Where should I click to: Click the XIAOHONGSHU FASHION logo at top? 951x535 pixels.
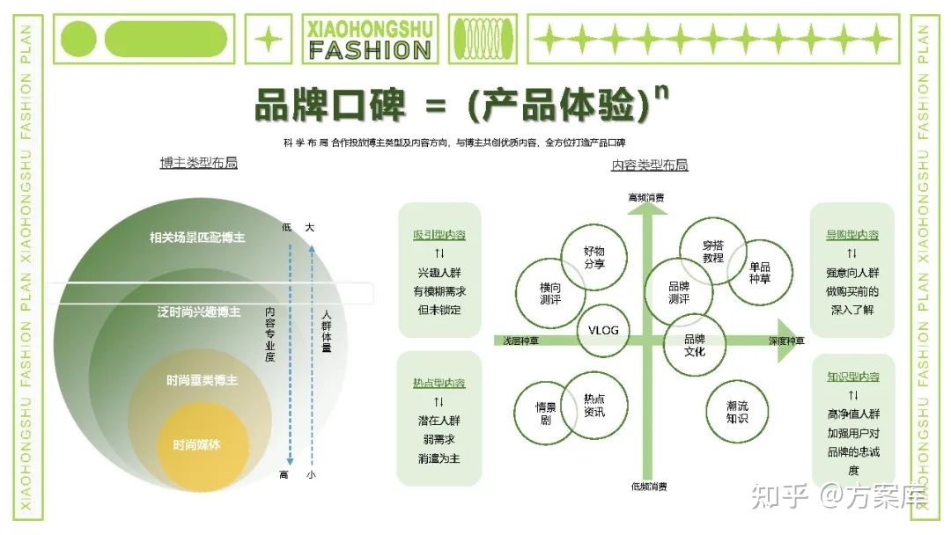pos(370,40)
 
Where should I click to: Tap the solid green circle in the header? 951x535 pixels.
pos(77,39)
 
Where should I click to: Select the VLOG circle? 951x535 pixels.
pos(603,331)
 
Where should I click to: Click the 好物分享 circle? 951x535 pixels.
pos(593,257)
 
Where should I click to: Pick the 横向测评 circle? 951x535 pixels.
pos(550,294)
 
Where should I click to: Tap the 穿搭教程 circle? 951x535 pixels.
pos(712,252)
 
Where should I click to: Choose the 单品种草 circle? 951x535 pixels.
pos(759,273)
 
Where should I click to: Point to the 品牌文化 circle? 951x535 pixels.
pos(695,345)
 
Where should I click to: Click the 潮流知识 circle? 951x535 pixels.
pos(737,412)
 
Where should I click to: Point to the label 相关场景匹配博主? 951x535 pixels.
pos(197,238)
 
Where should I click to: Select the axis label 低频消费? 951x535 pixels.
pos(649,486)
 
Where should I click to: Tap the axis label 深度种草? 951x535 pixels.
pos(786,341)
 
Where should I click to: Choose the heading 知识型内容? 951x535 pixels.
pos(851,377)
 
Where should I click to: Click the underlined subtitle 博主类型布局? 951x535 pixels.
pos(198,164)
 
